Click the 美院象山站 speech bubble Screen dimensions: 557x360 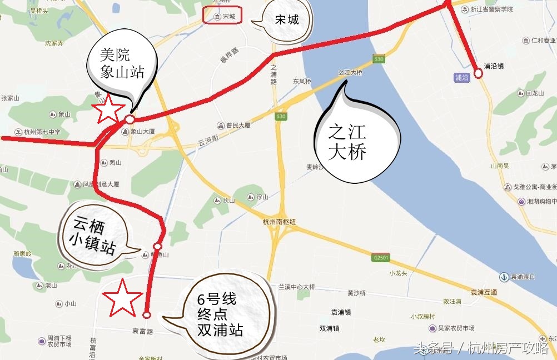coord(122,62)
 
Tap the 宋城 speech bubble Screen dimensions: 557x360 coord(286,21)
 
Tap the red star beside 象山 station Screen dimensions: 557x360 coord(109,109)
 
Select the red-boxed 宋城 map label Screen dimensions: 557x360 coord(223,16)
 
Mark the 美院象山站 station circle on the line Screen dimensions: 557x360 coord(130,119)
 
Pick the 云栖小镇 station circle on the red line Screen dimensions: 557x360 coord(158,246)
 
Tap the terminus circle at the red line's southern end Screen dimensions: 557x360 coord(147,314)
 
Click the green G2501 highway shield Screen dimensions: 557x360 coord(381,258)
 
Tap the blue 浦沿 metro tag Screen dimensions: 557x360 coord(461,78)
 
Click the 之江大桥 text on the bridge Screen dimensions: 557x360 coord(350,73)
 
